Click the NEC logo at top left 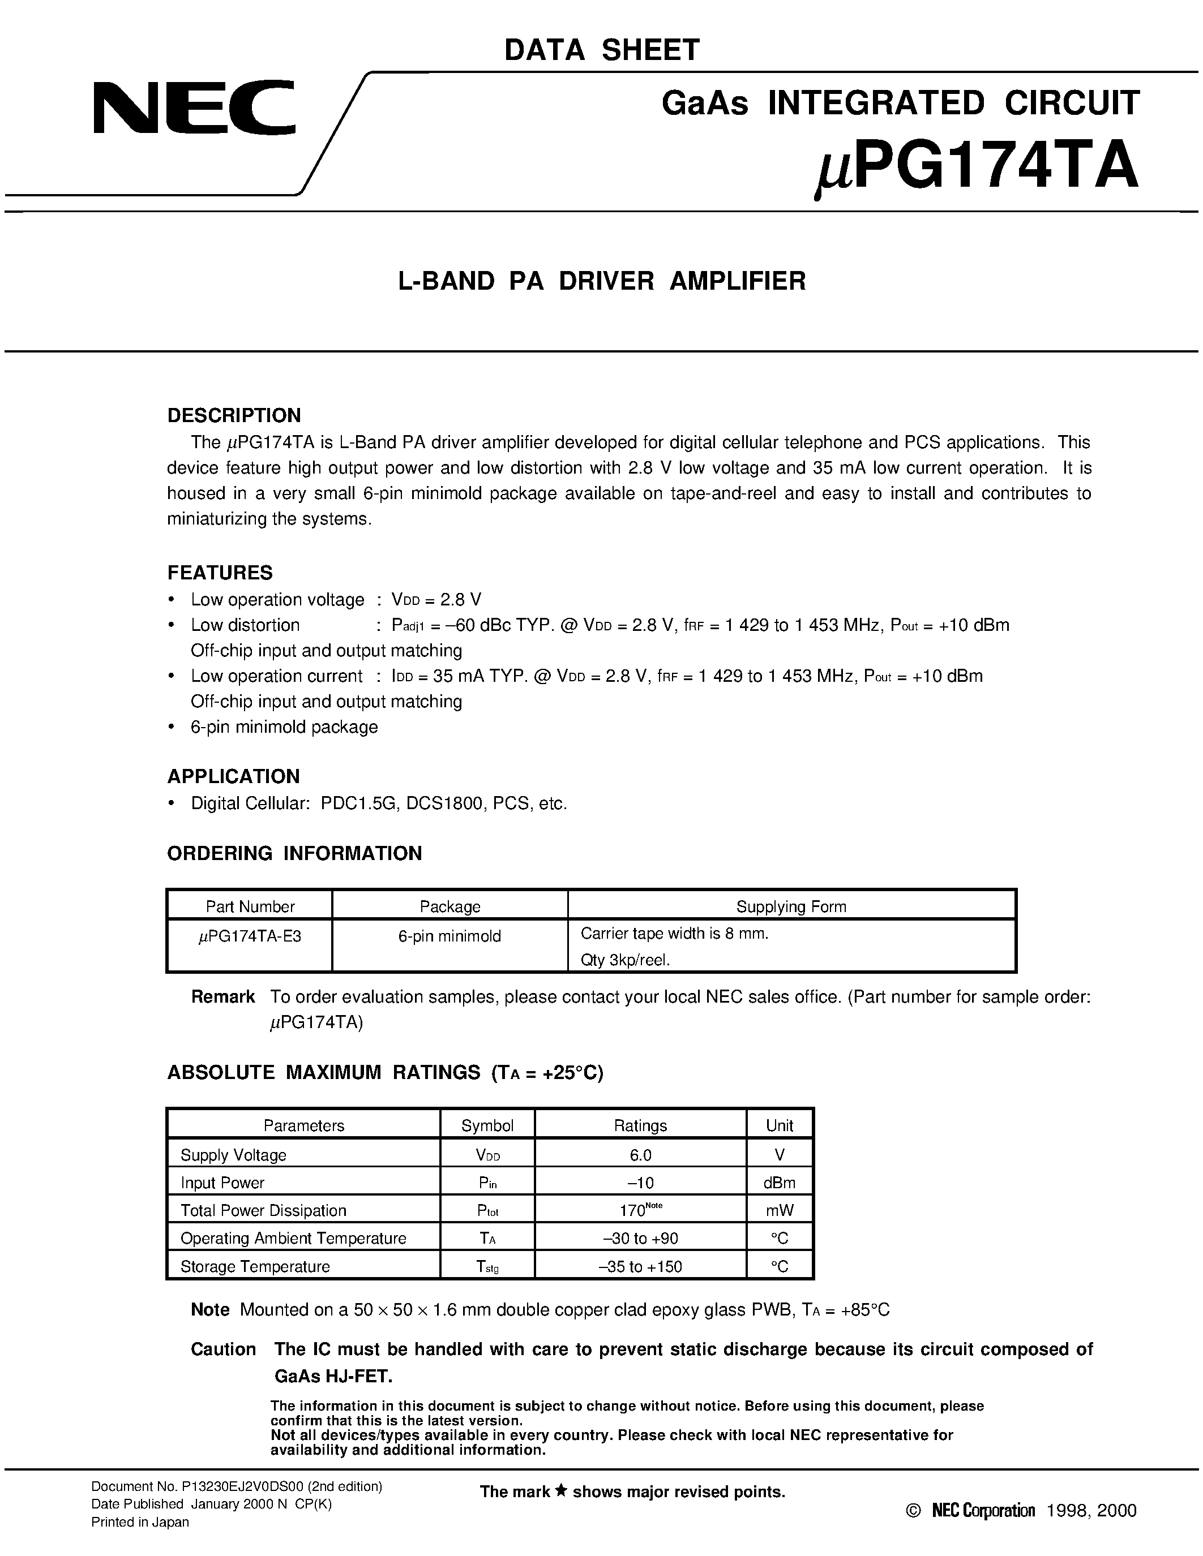tap(194, 108)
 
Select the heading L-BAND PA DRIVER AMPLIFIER tap(601, 281)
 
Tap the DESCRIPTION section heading tap(234, 415)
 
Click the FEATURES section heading tap(220, 573)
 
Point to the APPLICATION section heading tap(233, 776)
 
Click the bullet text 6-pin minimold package tap(284, 728)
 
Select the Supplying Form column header tap(790, 906)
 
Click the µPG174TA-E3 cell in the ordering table tap(250, 936)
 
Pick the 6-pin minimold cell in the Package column tap(449, 936)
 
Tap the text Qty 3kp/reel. tap(625, 960)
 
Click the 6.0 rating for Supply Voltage tap(640, 1155)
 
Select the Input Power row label tap(222, 1183)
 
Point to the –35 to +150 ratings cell tap(640, 1267)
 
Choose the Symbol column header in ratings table tap(487, 1125)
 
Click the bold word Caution tap(223, 1349)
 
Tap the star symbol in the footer tap(561, 1490)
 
